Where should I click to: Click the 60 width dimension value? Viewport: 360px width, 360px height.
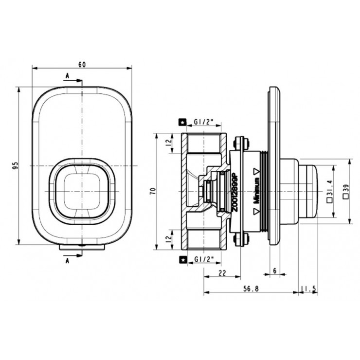[82, 65]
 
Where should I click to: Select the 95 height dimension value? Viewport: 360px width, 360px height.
[15, 165]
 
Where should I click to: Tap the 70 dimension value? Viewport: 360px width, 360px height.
[153, 191]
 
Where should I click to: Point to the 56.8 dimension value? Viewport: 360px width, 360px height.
[251, 289]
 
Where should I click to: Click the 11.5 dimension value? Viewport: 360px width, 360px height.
[309, 289]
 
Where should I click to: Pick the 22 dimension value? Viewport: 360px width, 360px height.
[222, 273]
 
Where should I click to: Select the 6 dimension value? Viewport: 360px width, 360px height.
[275, 271]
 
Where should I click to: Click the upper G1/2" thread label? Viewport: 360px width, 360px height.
[204, 122]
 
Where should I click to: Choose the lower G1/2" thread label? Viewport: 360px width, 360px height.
[204, 259]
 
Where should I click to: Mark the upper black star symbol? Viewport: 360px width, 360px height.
[183, 123]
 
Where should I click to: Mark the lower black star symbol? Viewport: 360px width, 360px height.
[183, 260]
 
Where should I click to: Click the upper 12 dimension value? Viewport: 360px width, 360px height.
[169, 143]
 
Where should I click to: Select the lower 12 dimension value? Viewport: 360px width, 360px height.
[169, 238]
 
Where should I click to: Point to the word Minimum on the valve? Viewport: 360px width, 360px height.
[256, 191]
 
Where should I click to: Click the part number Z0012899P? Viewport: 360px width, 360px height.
[235, 193]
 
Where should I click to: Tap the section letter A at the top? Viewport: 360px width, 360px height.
[67, 76]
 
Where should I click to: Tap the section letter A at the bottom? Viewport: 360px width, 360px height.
[67, 261]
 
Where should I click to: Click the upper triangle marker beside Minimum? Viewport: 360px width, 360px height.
[256, 171]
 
